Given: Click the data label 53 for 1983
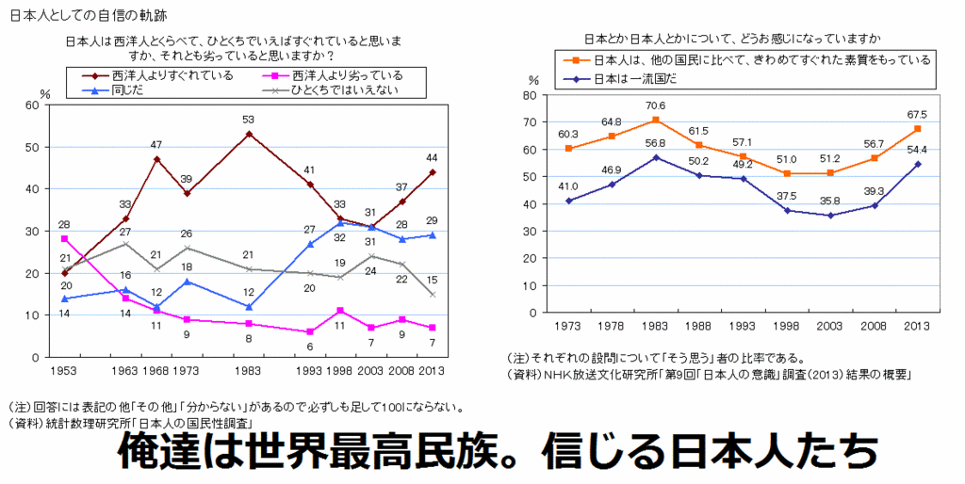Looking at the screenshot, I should [x=249, y=120].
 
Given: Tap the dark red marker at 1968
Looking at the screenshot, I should [x=156, y=159].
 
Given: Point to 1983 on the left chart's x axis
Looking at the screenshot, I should [x=249, y=370].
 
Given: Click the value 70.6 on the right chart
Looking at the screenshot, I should [x=656, y=105].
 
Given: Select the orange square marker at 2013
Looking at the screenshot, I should [x=918, y=129].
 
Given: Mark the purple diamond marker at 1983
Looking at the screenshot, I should [x=656, y=157].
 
